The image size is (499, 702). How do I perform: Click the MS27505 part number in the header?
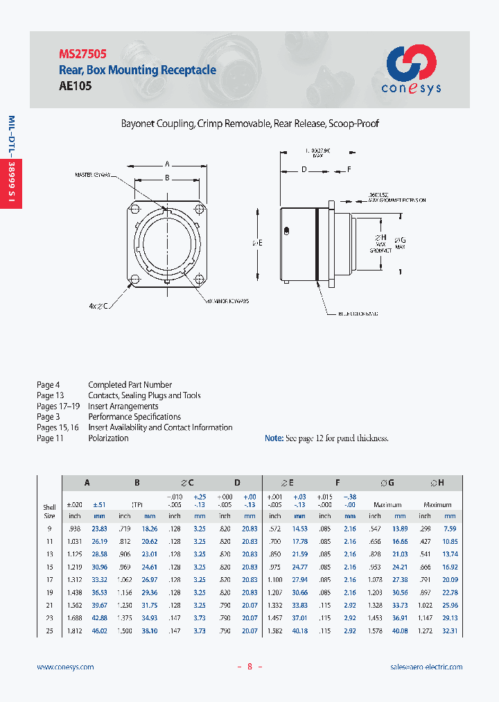point(82,53)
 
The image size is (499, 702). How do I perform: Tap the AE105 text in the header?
point(75,87)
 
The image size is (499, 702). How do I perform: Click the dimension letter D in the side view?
point(304,169)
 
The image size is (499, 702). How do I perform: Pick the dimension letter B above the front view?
point(167,178)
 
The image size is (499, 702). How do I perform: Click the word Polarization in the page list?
point(108,438)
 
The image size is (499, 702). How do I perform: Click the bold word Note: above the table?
point(274,438)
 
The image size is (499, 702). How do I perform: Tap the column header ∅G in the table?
point(387,483)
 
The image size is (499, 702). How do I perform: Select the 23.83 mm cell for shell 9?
point(99,529)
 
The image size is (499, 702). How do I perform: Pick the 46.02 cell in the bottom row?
point(99,631)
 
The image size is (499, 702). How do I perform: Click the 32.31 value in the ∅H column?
point(450,631)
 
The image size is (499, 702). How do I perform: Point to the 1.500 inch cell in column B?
point(125,631)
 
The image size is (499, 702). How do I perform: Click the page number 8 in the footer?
point(249,667)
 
